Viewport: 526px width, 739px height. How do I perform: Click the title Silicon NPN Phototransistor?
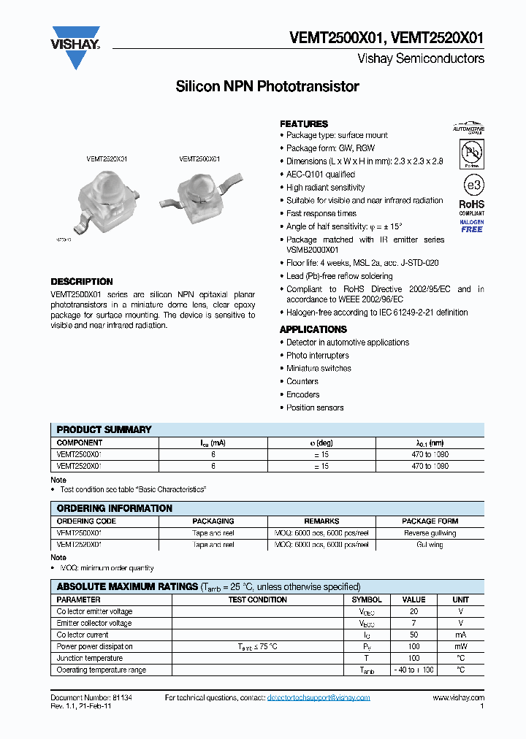tap(267, 87)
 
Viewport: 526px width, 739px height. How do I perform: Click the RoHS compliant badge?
tap(471, 208)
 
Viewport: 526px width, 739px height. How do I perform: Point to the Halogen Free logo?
tap(471, 226)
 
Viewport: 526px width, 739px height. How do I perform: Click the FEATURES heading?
tap(304, 124)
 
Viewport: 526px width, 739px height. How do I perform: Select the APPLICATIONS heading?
tap(313, 330)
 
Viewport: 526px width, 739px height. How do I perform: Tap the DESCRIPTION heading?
tap(82, 282)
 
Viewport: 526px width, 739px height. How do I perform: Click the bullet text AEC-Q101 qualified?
tap(321, 175)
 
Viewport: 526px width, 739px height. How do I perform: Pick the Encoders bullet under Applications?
tap(302, 394)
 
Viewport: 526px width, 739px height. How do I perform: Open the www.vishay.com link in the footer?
tap(458, 698)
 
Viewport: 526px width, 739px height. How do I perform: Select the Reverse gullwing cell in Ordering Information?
tap(430, 533)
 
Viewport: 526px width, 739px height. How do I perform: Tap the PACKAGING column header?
tap(213, 521)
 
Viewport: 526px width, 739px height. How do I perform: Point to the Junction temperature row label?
tap(90, 659)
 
